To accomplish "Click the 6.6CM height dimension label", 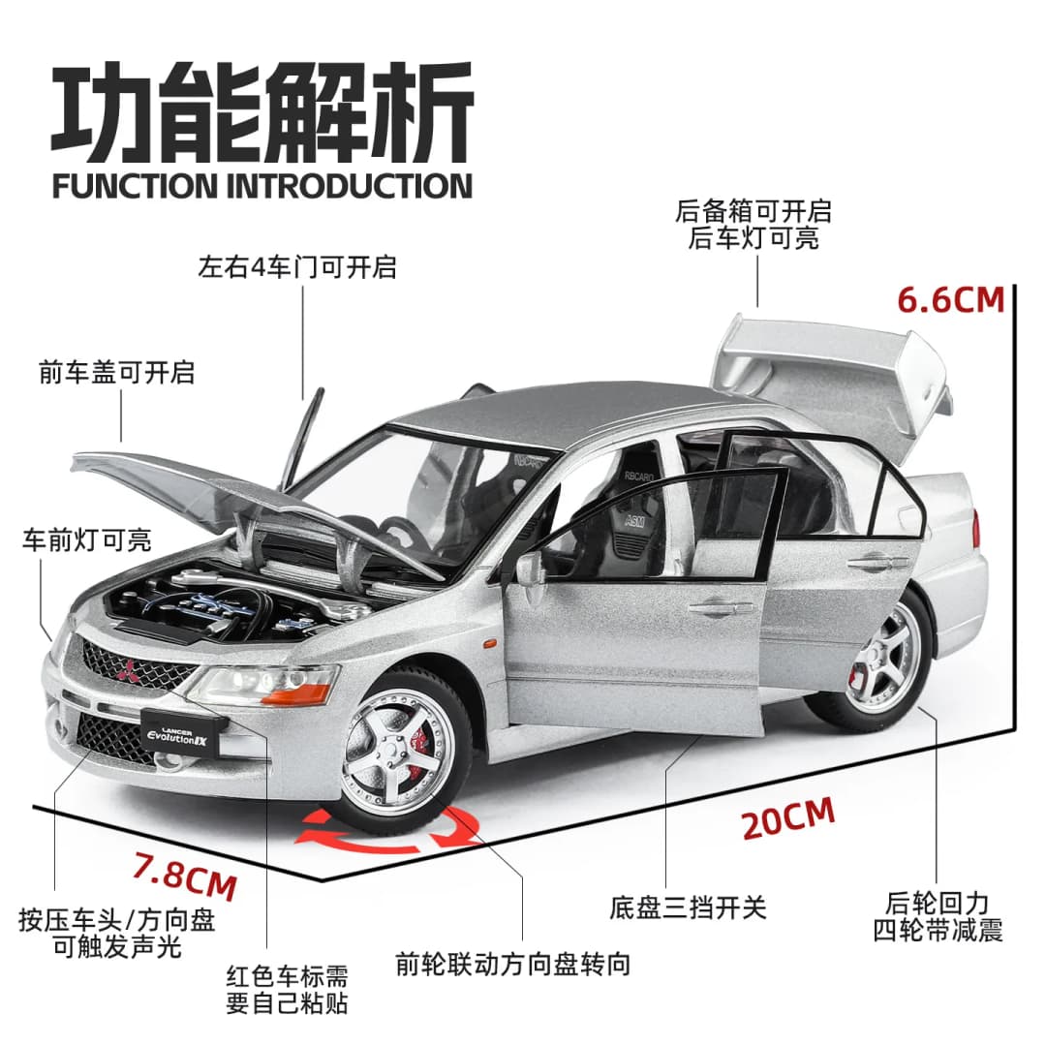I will click(950, 299).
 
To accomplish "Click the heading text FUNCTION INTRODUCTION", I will click(262, 185).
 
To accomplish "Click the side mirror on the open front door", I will click(530, 570).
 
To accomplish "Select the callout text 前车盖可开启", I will click(116, 372).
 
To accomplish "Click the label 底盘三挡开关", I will click(688, 907).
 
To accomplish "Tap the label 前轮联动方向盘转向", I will click(513, 965).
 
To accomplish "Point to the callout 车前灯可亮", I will click(87, 540).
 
